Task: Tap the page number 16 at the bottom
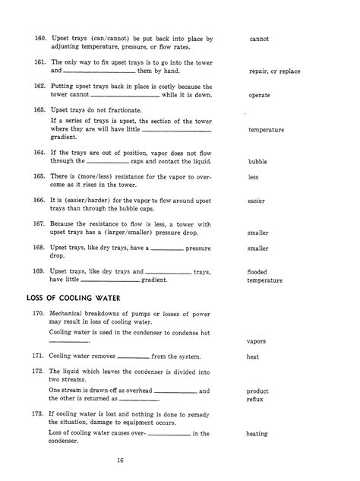point(121,460)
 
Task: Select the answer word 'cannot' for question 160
point(261,38)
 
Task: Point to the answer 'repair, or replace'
point(274,71)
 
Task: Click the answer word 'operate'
point(261,96)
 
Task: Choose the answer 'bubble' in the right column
point(258,162)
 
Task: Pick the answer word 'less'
point(254,177)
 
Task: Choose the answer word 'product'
point(259,390)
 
